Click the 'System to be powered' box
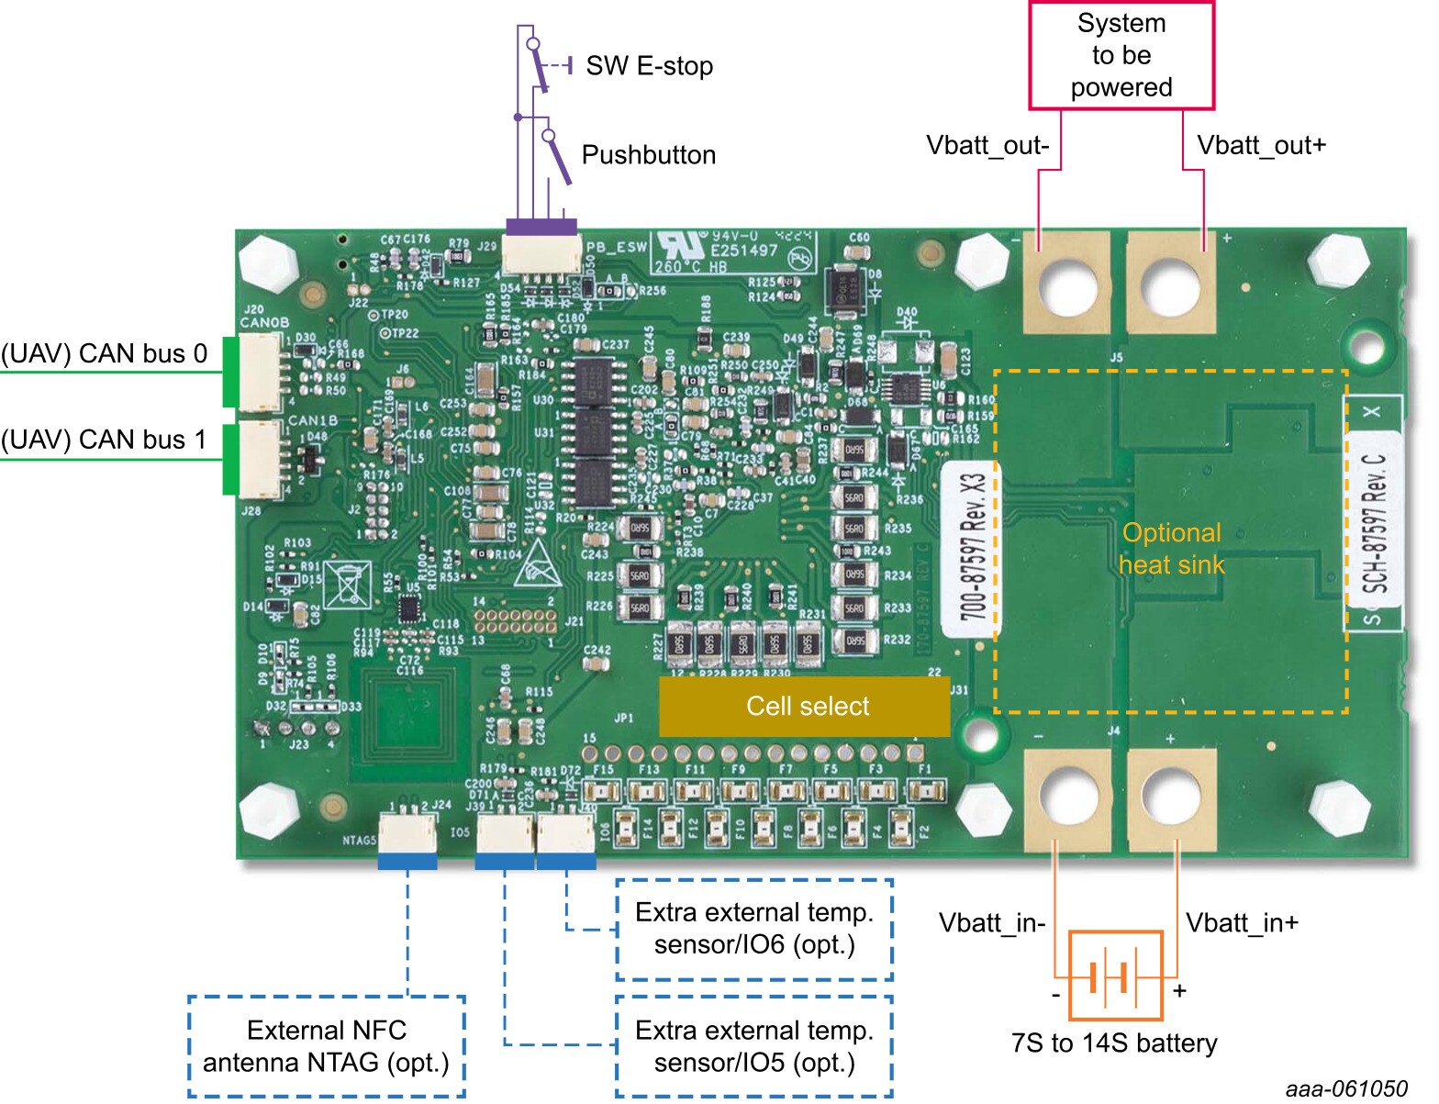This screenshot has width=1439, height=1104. pyautogui.click(x=1121, y=55)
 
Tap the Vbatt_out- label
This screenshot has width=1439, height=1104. pyautogui.click(x=987, y=146)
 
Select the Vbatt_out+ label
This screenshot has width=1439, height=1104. pyautogui.click(x=1261, y=146)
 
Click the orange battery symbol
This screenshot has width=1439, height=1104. pyautogui.click(x=1115, y=976)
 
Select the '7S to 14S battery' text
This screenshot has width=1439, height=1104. pyautogui.click(x=1114, y=1043)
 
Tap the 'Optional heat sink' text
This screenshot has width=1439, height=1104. pyautogui.click(x=1171, y=549)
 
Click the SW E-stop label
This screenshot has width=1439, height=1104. pyautogui.click(x=649, y=66)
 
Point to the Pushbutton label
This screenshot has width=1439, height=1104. pyautogui.click(x=649, y=155)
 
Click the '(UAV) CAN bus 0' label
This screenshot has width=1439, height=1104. pyautogui.click(x=105, y=354)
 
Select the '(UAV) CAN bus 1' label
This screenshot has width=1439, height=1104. pyautogui.click(x=105, y=440)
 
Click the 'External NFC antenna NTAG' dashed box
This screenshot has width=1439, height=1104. pyautogui.click(x=327, y=1046)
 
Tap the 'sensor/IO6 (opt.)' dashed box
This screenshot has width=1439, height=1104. pyautogui.click(x=753, y=929)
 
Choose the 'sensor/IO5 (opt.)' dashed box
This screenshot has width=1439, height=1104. pyautogui.click(x=753, y=1046)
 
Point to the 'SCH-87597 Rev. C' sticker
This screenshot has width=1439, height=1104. pyautogui.click(x=1374, y=523)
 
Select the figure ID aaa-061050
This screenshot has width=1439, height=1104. pyautogui.click(x=1345, y=1088)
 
